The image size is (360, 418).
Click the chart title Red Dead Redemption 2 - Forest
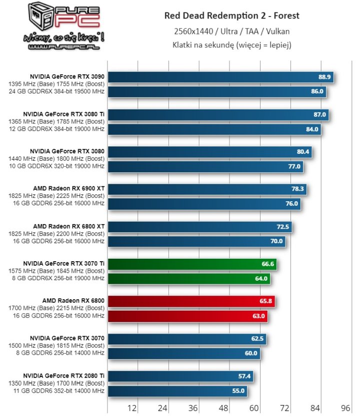[x=232, y=16]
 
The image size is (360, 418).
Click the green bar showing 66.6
[x=192, y=265]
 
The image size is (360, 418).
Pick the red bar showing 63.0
[x=187, y=316]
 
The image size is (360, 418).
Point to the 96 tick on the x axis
[x=346, y=408]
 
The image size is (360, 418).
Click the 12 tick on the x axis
[x=132, y=408]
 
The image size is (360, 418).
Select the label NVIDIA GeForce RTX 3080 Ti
[x=67, y=114]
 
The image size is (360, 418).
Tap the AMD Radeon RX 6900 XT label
[x=69, y=188]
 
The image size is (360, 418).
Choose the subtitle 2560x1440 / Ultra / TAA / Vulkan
[x=232, y=31]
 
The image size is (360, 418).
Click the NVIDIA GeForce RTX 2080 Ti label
[x=63, y=376]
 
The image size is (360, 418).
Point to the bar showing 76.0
[x=204, y=204]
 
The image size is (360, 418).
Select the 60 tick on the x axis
[x=254, y=408]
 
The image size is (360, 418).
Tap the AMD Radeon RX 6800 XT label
[x=69, y=226]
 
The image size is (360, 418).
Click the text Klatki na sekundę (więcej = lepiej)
[x=232, y=45]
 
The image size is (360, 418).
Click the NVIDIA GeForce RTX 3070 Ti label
[x=63, y=263]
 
